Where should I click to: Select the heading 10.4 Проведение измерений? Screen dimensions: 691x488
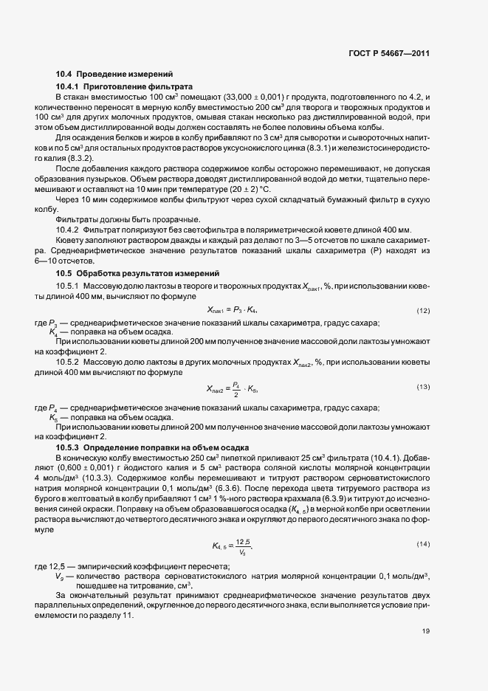pos(114,74)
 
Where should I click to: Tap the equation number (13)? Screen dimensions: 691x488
pos(423,387)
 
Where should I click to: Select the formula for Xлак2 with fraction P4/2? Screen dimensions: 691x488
pos(231,388)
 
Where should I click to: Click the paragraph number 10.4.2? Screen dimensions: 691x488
pos(68,230)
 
